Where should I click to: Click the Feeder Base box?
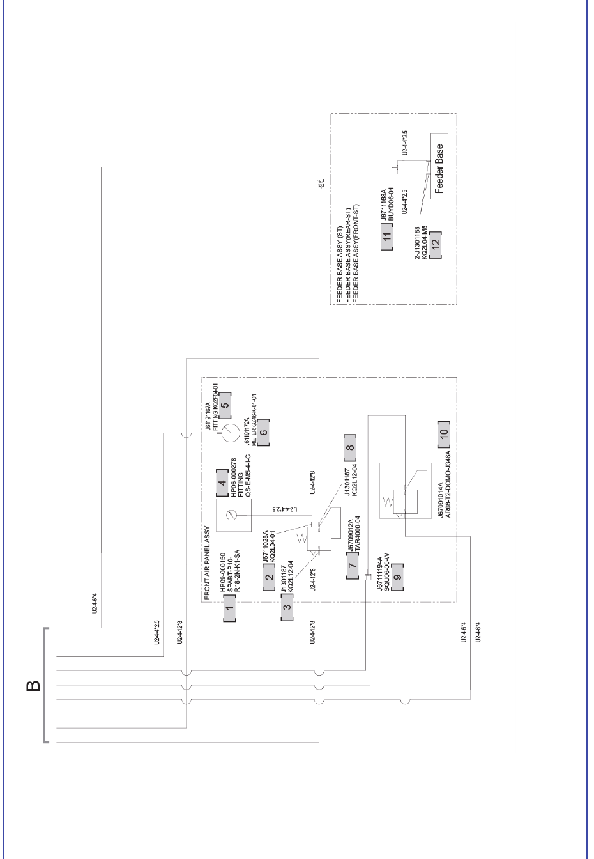click(439, 167)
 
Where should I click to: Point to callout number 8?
click(349, 447)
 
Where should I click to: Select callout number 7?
click(353, 566)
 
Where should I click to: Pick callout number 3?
click(287, 607)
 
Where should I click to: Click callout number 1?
click(229, 608)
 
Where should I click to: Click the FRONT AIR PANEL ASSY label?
click(206, 563)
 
